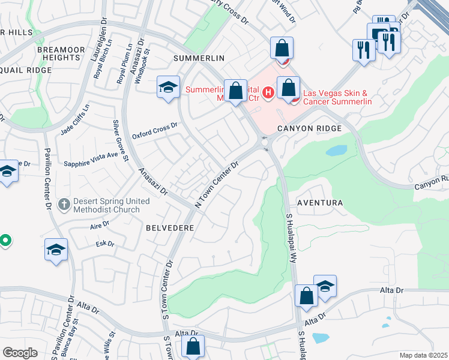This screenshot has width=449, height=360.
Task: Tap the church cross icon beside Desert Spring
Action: pyautogui.click(x=64, y=205)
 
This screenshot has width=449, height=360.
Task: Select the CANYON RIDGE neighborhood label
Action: pyautogui.click(x=309, y=128)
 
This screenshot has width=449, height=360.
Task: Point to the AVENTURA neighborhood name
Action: pyautogui.click(x=319, y=203)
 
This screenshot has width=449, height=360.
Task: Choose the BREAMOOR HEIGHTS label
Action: pyautogui.click(x=59, y=53)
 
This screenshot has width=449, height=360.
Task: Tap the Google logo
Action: pyautogui.click(x=20, y=353)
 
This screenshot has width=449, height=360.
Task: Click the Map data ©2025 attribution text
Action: pyautogui.click(x=424, y=355)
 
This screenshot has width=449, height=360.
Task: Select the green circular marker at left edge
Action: pyautogui.click(x=4, y=241)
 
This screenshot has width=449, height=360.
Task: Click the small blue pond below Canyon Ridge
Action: pyautogui.click(x=336, y=150)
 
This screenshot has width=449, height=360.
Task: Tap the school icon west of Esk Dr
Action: pyautogui.click(x=56, y=250)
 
